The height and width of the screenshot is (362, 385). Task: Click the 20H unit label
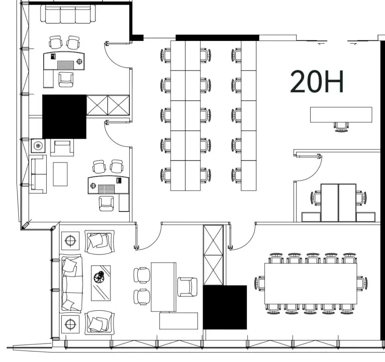tap(317, 81)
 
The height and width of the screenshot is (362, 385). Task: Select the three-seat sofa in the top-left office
tap(68, 14)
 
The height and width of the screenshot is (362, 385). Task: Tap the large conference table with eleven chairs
tap(311, 284)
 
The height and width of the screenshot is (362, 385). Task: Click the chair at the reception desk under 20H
tap(341, 126)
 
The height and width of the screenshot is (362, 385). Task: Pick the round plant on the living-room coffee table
tap(99, 277)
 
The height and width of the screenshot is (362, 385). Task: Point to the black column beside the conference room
tap(225, 307)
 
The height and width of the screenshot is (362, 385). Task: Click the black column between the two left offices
tap(64, 117)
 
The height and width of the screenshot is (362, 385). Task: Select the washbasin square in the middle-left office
tap(38, 146)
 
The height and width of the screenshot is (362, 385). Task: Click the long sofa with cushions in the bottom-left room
tap(71, 283)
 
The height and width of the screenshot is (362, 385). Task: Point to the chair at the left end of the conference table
tap(260, 284)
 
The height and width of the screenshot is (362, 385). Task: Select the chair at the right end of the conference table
tap(362, 284)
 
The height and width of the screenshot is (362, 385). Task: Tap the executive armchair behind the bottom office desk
tap(187, 287)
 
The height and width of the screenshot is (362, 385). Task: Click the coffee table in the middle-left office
tap(60, 174)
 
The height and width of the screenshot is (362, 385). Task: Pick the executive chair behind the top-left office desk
tap(66, 79)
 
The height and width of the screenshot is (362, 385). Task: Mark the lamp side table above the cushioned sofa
tap(70, 240)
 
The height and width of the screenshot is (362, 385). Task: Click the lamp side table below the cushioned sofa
tap(70, 324)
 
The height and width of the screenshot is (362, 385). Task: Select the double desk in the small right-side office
tap(338, 203)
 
